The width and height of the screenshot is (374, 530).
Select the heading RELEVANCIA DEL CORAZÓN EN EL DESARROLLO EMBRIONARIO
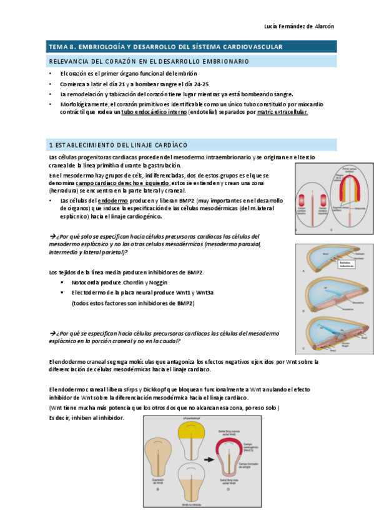pyautogui.click(x=149, y=61)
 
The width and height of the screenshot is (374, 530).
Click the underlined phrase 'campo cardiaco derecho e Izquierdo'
pyautogui.click(x=129, y=184)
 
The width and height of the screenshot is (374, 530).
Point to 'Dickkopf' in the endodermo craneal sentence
pyautogui.click(x=165, y=389)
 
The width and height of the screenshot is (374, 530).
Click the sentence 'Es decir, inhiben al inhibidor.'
pyautogui.click(x=87, y=417)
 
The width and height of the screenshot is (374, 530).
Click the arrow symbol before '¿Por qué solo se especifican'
pyautogui.click(x=52, y=237)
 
